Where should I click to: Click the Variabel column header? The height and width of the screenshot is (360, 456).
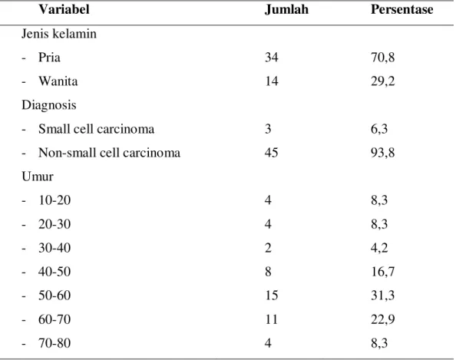(64, 9)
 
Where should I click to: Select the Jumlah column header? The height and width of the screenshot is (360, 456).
(286, 9)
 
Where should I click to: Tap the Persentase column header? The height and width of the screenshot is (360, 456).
(402, 9)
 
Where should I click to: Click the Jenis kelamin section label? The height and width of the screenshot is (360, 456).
(59, 34)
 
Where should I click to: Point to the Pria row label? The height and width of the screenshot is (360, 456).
(49, 58)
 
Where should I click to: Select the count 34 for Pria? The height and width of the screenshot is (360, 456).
(271, 58)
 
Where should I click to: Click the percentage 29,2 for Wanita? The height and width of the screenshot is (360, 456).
(383, 81)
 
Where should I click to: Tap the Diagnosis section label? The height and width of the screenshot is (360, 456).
(49, 105)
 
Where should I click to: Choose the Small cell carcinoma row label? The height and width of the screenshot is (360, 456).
(96, 129)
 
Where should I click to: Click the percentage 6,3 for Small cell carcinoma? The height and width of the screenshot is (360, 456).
(379, 129)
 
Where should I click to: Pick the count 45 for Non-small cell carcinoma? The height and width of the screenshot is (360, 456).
(271, 153)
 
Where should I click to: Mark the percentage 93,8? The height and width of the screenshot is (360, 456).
(383, 153)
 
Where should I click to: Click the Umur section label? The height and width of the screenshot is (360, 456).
(38, 177)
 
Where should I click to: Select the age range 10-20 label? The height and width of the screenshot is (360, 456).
(55, 200)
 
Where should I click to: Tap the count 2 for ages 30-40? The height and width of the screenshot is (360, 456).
(268, 248)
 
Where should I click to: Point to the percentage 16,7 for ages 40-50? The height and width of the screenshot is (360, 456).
(383, 272)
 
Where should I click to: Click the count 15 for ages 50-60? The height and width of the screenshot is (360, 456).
(271, 296)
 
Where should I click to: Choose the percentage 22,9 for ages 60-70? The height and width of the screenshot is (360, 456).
(383, 319)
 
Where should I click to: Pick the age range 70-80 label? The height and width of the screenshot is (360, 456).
(55, 343)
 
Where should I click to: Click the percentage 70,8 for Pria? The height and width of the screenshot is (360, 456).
(383, 58)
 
